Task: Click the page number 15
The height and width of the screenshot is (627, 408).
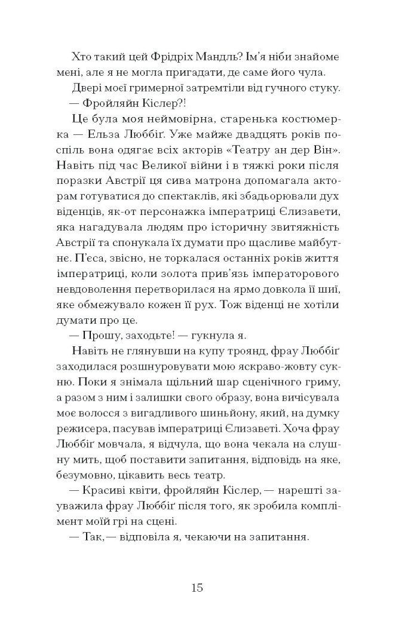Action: [198, 588]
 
